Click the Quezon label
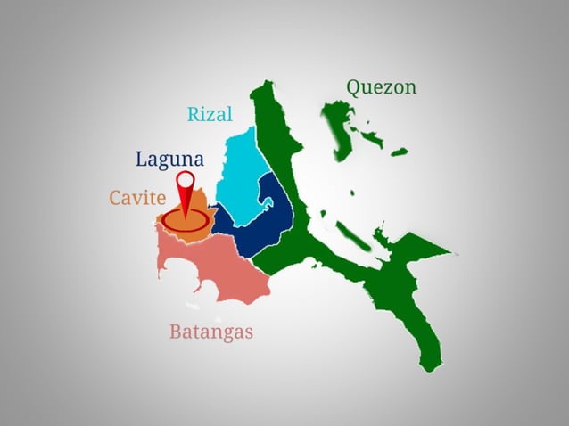[x=381, y=87]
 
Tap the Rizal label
[x=210, y=114]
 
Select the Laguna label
[x=169, y=160]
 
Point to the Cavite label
[x=137, y=198]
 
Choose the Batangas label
[x=211, y=332]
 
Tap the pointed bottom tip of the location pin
[x=185, y=218]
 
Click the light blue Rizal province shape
[x=238, y=169]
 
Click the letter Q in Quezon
[x=354, y=87]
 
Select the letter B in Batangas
[x=176, y=332]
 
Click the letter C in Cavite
[x=116, y=198]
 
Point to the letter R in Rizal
[x=193, y=114]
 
